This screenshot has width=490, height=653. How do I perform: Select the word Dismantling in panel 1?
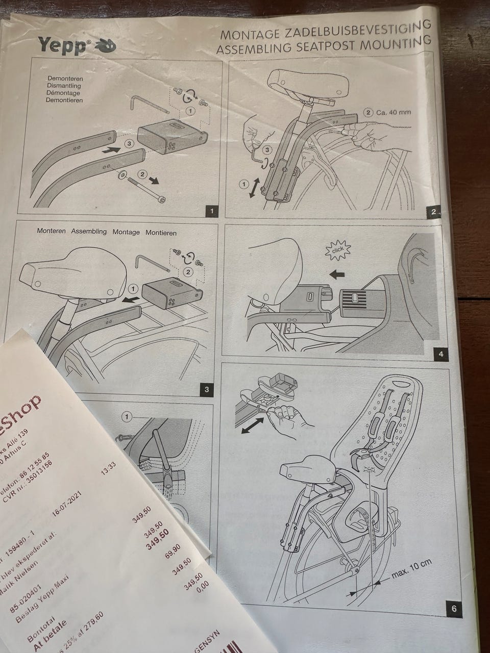click(63, 86)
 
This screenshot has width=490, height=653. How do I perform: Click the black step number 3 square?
click(206, 390)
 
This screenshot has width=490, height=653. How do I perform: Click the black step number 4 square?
click(439, 354)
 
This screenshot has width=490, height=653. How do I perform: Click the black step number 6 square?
click(453, 608)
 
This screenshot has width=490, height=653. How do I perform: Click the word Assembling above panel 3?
click(89, 231)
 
